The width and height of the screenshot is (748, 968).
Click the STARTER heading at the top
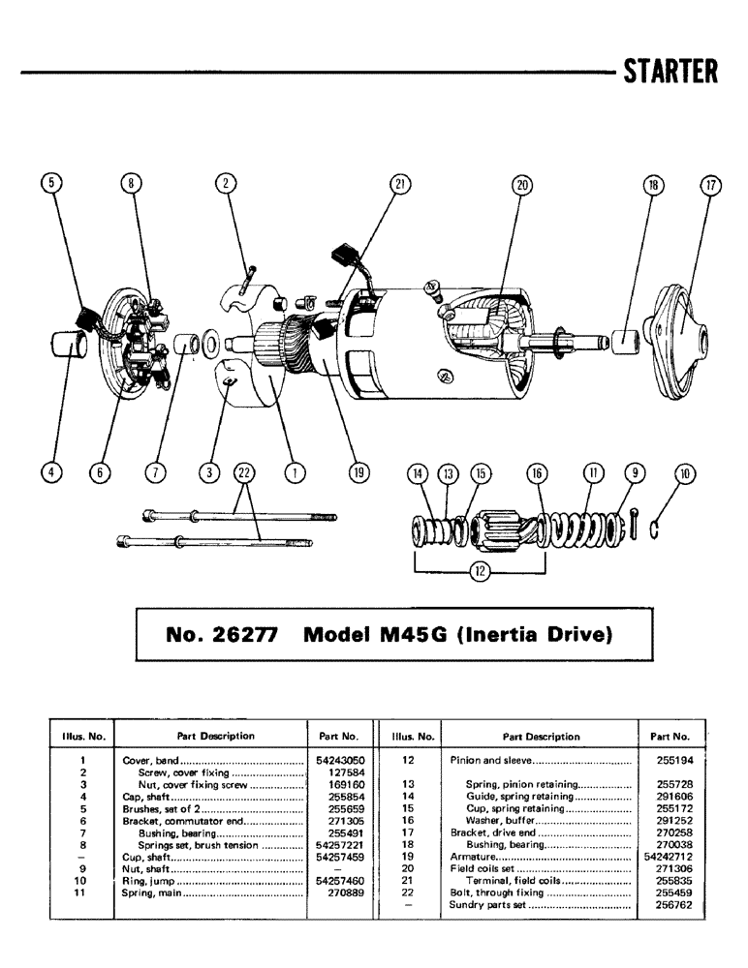(x=670, y=72)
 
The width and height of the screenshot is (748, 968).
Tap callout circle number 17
(x=711, y=188)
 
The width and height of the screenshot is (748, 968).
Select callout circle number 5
(x=52, y=183)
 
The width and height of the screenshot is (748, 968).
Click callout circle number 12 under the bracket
(x=479, y=571)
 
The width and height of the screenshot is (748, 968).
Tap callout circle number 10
(x=687, y=473)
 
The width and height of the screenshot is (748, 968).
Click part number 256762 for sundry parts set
(x=670, y=905)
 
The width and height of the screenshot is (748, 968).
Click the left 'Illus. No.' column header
(x=83, y=736)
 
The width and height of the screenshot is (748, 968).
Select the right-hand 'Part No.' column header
(x=670, y=736)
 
